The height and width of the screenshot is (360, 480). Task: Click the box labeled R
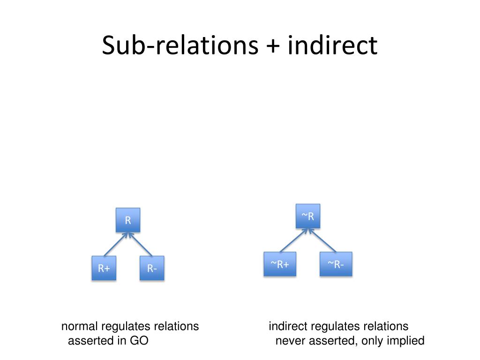[128, 220]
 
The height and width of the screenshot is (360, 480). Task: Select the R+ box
[104, 268]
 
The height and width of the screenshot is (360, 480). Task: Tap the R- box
[152, 268]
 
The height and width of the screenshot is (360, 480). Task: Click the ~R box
[307, 216]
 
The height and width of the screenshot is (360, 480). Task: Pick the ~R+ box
[280, 264]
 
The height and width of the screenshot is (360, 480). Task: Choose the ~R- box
[336, 264]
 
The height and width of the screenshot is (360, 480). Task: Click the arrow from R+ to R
[115, 244]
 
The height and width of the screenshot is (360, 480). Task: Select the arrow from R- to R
[140, 244]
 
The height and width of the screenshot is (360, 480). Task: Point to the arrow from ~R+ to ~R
[293, 240]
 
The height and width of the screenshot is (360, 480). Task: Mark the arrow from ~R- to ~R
[322, 240]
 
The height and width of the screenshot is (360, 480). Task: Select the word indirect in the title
[332, 45]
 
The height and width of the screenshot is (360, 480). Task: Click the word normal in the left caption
[79, 326]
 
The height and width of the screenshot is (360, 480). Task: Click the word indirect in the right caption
[288, 326]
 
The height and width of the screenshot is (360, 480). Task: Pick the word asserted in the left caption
[90, 341]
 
